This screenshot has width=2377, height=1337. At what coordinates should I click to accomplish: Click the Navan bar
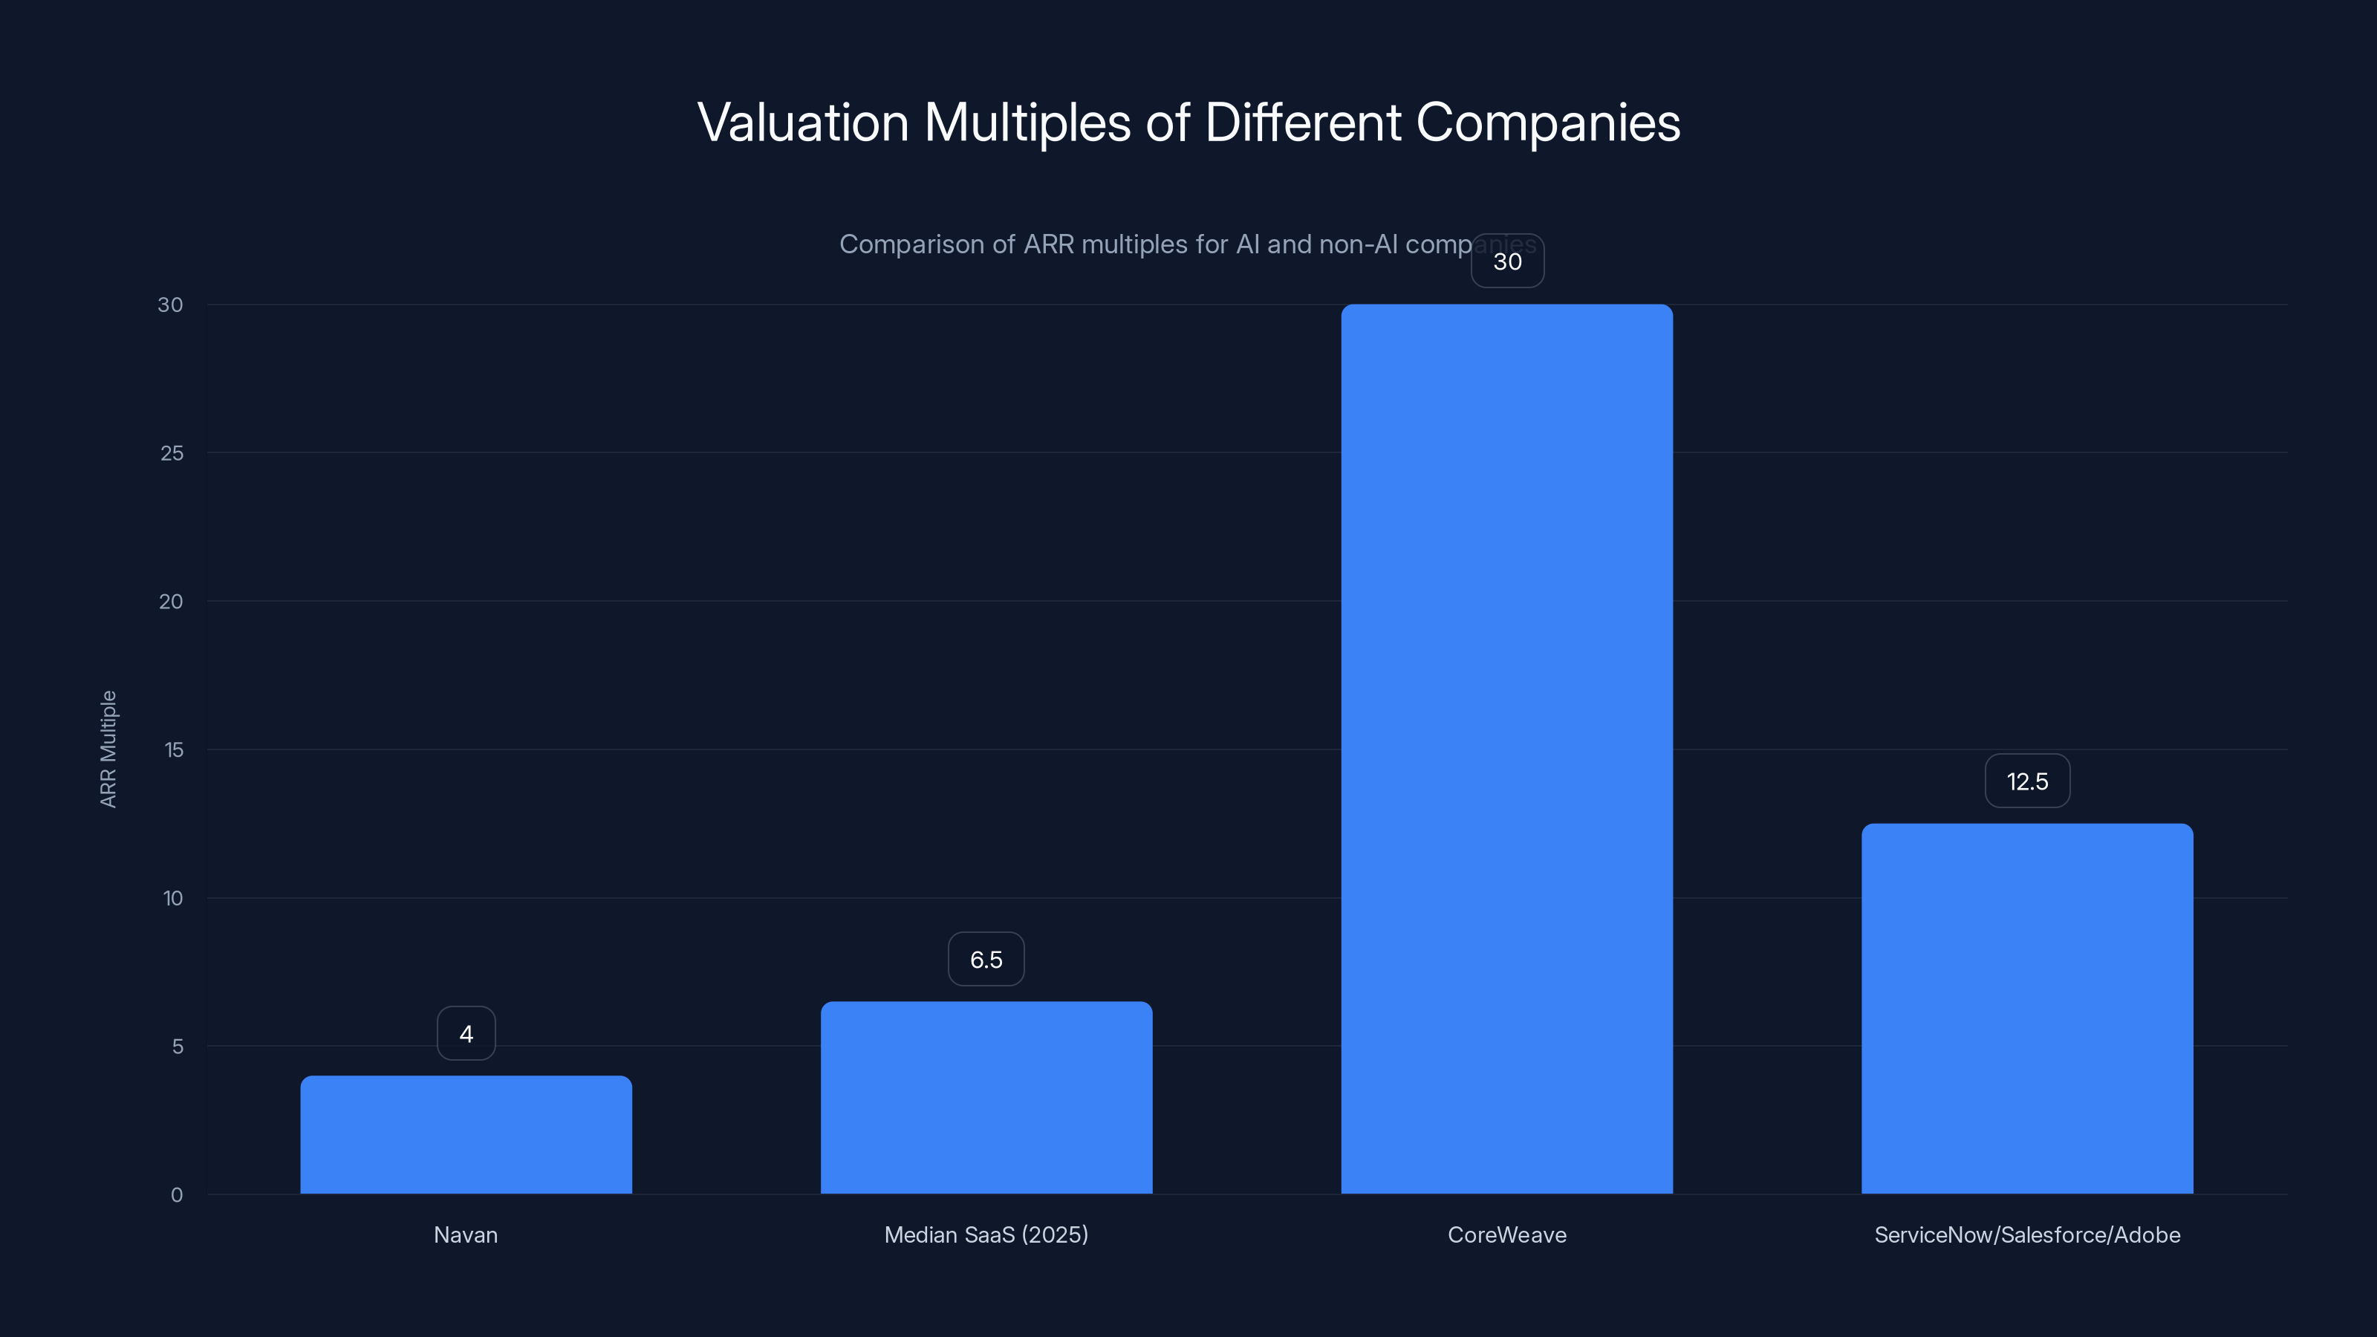pyautogui.click(x=466, y=1134)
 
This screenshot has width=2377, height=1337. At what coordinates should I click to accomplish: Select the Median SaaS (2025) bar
pyautogui.click(x=986, y=1097)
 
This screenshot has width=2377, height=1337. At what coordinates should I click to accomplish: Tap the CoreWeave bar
pyautogui.click(x=1507, y=748)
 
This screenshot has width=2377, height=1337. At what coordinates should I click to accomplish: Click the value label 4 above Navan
pyautogui.click(x=466, y=1033)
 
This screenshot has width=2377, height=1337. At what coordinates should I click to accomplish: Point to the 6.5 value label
pyautogui.click(x=986, y=960)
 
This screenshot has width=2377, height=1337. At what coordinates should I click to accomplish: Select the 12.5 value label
pyautogui.click(x=2027, y=781)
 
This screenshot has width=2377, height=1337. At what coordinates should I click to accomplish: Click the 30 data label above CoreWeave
pyautogui.click(x=1507, y=261)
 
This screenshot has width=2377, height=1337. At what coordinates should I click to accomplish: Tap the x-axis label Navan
pyautogui.click(x=466, y=1234)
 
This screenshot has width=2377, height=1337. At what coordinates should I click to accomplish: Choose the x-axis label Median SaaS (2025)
pyautogui.click(x=986, y=1234)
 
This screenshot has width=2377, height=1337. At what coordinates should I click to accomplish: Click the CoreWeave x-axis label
pyautogui.click(x=1507, y=1234)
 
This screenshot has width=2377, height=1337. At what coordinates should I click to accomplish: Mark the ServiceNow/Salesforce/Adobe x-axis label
pyautogui.click(x=2027, y=1234)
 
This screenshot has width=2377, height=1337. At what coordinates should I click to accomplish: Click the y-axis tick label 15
pyautogui.click(x=174, y=750)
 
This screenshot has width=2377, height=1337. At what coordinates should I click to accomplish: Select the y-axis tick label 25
pyautogui.click(x=172, y=453)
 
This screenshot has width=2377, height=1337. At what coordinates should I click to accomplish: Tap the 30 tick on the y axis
pyautogui.click(x=171, y=305)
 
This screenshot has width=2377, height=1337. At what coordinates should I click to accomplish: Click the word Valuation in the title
pyautogui.click(x=803, y=123)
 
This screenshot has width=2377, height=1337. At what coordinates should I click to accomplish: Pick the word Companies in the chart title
pyautogui.click(x=1547, y=123)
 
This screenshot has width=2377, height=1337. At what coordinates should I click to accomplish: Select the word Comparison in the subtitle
pyautogui.click(x=911, y=244)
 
